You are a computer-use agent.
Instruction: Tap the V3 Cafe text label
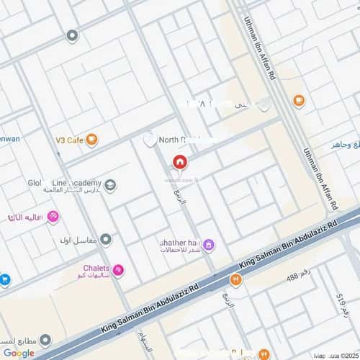point(70,140)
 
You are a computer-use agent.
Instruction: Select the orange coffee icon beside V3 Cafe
point(91,140)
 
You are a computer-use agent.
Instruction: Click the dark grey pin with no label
point(71,35)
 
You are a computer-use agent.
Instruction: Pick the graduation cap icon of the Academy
point(109,186)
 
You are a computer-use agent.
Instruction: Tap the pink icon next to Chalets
point(117,270)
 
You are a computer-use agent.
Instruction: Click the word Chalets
point(96,268)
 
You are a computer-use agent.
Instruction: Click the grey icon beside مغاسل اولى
point(106,239)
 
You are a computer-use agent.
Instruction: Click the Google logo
point(18,353)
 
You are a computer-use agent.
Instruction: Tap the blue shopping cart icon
point(4,279)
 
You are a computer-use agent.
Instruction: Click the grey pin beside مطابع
point(45,339)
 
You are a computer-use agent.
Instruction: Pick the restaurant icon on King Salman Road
point(235,280)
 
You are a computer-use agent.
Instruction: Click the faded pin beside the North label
point(150,140)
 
